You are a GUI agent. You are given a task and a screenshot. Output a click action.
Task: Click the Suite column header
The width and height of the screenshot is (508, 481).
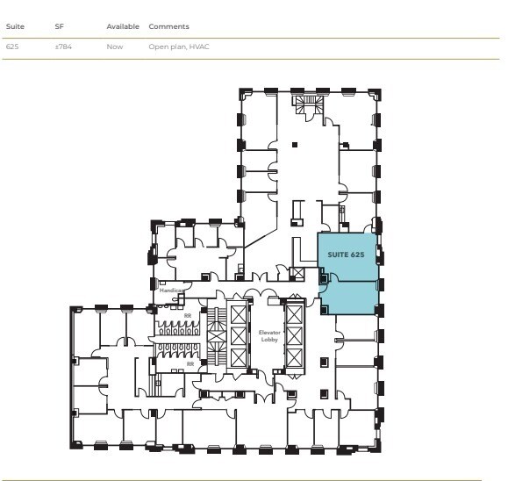pyautogui.click(x=14, y=27)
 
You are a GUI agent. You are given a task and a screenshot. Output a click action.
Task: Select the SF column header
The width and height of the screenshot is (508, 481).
pyautogui.click(x=59, y=27)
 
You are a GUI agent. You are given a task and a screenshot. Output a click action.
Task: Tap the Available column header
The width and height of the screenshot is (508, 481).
pyautogui.click(x=123, y=27)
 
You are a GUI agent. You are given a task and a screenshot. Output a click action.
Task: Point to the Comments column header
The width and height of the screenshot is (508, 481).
pyautogui.click(x=168, y=27)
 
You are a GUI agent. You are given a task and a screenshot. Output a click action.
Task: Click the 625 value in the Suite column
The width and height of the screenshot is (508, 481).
pyautogui.click(x=12, y=47)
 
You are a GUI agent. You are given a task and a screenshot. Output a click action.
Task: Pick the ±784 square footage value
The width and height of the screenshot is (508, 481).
pyautogui.click(x=61, y=47)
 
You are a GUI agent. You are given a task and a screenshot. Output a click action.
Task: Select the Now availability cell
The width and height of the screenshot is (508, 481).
pyautogui.click(x=114, y=47)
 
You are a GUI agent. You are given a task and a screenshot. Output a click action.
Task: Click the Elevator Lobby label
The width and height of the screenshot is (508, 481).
pyautogui.click(x=268, y=335)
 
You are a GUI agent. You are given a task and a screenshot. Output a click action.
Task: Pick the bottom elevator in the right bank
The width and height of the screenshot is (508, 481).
pyautogui.click(x=294, y=355)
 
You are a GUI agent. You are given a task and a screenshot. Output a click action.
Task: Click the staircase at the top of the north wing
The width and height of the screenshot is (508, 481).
pyautogui.click(x=308, y=106)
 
